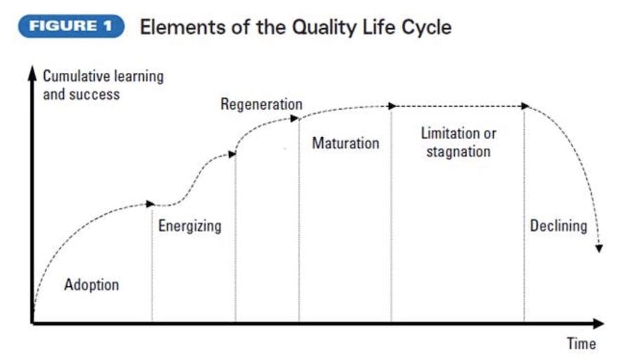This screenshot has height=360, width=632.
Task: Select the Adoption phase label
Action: (91, 285)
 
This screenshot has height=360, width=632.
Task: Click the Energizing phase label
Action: (190, 226)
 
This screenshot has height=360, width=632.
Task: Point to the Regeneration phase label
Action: (261, 105)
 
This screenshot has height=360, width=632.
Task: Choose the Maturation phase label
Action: (345, 143)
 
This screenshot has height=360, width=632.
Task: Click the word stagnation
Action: (458, 151)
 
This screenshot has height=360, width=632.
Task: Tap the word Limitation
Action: (449, 133)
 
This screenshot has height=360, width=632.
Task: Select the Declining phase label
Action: (558, 226)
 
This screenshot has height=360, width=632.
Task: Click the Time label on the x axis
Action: (581, 344)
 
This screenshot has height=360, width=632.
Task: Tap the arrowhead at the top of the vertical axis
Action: (32, 72)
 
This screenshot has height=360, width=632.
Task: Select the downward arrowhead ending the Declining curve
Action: (598, 247)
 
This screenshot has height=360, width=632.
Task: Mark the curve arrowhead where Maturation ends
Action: (390, 105)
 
